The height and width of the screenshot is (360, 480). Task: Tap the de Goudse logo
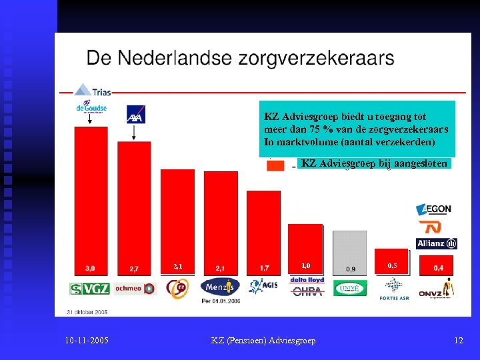(x=91, y=109)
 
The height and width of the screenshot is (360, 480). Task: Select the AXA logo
(x=135, y=115)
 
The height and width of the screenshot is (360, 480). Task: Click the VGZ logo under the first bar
(x=89, y=289)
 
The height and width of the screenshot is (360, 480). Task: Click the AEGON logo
(x=434, y=209)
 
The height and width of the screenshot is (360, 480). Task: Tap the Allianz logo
(x=436, y=243)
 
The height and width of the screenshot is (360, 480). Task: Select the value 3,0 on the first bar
(x=89, y=269)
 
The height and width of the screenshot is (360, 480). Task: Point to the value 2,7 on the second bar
(x=134, y=269)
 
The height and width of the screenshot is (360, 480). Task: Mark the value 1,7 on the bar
(x=263, y=269)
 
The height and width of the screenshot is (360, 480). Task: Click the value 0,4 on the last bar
(x=438, y=268)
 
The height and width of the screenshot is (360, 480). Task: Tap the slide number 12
(x=458, y=341)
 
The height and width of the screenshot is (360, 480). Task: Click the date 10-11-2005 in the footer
(x=87, y=341)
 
